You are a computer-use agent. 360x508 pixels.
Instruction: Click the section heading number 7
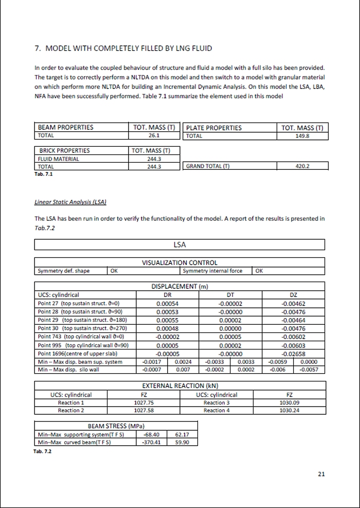coord(37,48)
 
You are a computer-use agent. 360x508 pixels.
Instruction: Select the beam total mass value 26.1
coord(154,136)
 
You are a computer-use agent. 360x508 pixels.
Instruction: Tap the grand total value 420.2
coord(302,166)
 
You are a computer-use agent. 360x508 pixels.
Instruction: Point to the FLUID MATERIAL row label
coord(58,159)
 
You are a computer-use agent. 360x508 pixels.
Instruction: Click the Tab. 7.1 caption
coord(43,173)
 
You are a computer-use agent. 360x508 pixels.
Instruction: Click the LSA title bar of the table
coord(179,244)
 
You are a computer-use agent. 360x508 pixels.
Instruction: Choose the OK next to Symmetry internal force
coord(259,271)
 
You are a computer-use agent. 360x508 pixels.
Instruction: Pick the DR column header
coord(167,295)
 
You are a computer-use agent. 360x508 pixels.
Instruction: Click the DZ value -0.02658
coord(293,354)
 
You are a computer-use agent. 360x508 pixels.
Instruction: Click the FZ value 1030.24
coord(289,410)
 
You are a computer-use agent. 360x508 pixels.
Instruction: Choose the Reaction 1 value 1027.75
coord(144,402)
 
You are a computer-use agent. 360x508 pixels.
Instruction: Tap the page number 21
coord(321,474)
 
